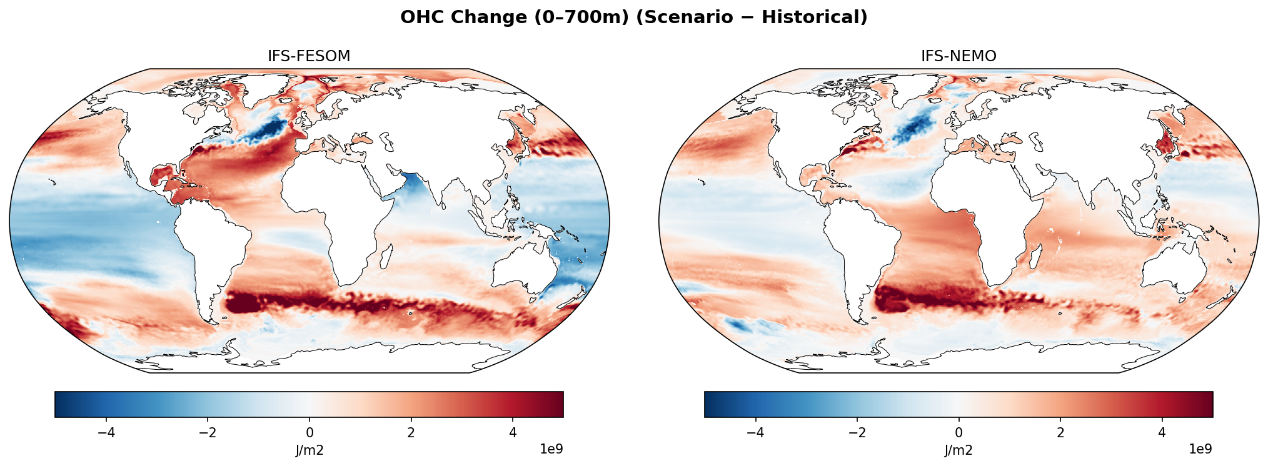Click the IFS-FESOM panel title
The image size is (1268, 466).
pos(309,56)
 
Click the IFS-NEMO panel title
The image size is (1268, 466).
pos(959,56)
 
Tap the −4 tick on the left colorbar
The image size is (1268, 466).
pos(106,433)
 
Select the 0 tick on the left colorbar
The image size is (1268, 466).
pos(309,433)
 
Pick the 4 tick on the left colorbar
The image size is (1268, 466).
pos(513,433)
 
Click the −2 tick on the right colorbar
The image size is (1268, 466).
pos(857,433)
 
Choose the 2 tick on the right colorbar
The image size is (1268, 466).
pos(1060,433)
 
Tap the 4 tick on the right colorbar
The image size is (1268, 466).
pos(1162,433)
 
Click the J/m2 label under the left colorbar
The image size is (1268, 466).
pos(309,450)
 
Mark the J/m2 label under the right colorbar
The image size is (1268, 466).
pos(959,450)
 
